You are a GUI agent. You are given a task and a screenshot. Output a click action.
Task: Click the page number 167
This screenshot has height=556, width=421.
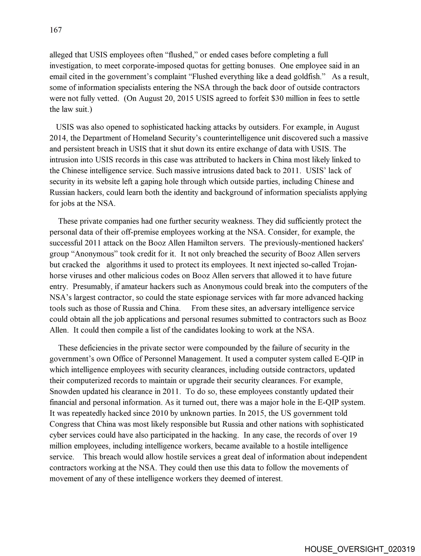pyautogui.click(x=56, y=30)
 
